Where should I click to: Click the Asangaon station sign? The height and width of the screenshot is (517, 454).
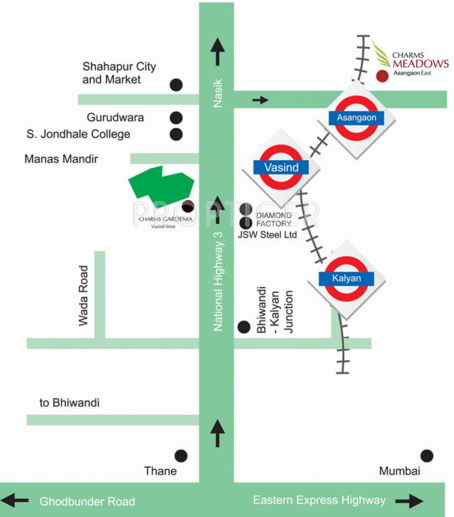pos(356,118)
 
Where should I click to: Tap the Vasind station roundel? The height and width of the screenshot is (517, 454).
pos(281,166)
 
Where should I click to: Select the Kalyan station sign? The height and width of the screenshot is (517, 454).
pos(346,278)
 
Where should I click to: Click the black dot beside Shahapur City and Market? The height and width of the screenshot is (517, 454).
pos(176,85)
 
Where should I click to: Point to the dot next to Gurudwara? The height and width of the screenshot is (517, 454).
pos(176,117)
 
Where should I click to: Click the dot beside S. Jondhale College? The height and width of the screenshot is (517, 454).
pos(176,134)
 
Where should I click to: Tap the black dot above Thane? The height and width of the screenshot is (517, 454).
pos(181,456)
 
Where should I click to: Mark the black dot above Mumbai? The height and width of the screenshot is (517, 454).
pos(427,456)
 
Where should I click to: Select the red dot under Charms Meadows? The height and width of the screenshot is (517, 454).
pos(382,76)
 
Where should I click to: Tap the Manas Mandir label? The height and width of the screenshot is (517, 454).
pos(61,160)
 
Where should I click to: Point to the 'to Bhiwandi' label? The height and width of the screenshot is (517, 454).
pos(69,403)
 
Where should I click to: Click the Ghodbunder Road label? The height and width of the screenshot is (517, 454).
pos(88,502)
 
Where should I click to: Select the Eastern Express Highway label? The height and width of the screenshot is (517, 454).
pos(319,500)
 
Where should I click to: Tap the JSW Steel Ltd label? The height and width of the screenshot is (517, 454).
pos(267,235)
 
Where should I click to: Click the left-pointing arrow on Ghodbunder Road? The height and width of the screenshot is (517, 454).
pos(16,501)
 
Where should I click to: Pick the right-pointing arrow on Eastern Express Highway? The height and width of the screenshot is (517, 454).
pos(410,501)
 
